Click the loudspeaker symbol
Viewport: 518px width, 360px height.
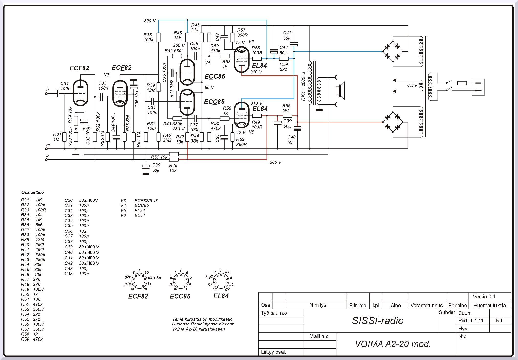click(340, 91)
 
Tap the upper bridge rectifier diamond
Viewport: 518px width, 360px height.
click(393, 51)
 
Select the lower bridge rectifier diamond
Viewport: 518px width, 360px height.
click(393, 122)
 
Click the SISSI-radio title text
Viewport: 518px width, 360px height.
click(378, 321)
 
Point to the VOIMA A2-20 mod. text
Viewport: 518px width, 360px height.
click(393, 344)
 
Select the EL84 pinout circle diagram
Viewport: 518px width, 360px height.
click(221, 280)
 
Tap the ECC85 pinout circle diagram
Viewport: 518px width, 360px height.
click(181, 281)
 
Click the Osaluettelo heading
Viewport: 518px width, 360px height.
click(33, 192)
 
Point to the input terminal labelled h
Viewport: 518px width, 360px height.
click(46, 94)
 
